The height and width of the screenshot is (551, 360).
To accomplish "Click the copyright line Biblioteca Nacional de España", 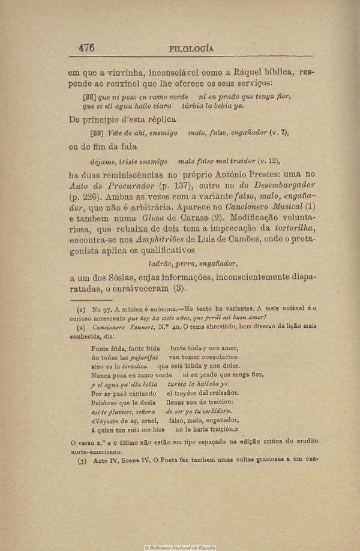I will pos(182,547).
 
